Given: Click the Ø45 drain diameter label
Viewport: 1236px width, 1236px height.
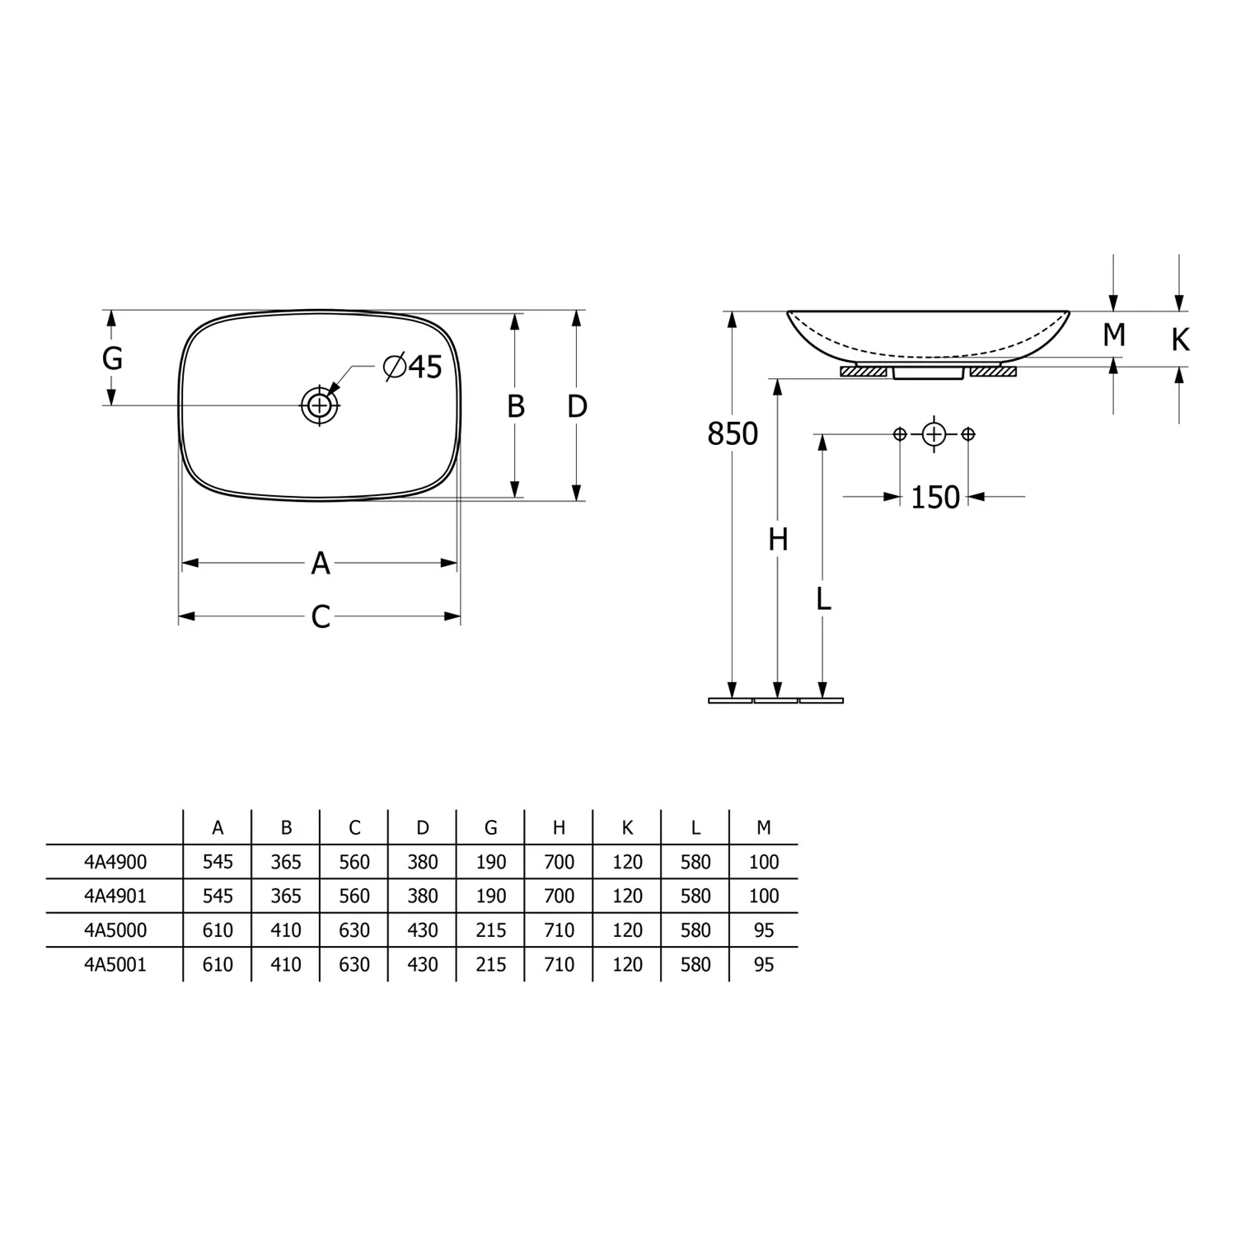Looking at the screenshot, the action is pos(414,367).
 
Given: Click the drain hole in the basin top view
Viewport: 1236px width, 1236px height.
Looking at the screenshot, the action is pos(320,405).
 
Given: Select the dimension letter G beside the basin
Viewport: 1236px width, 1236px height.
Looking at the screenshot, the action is pos(112,358).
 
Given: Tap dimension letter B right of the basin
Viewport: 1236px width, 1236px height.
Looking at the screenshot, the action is pos(516,406).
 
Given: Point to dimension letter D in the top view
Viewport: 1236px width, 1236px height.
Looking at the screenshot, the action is pos(577,406).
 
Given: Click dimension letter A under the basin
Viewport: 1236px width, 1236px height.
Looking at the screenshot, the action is pos(321,564).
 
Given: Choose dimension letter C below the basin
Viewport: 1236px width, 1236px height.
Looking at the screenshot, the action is pos(321,616).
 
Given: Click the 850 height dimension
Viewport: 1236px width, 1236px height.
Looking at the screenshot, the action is pos(733,433).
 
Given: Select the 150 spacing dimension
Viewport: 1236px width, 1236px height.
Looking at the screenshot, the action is pos(935,497).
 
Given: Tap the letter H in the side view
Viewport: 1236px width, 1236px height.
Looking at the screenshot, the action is pos(779,540).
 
